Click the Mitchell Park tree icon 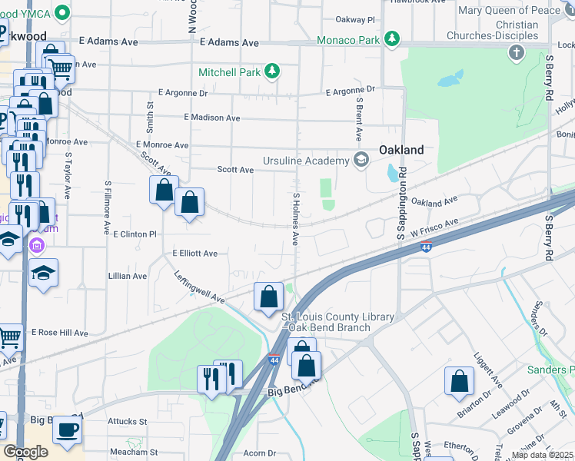click(271, 72)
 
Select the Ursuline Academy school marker click(361, 160)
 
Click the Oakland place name click(401, 150)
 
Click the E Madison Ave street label click(212, 118)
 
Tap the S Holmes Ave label click(294, 219)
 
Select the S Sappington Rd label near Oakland click(401, 211)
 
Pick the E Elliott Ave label click(195, 253)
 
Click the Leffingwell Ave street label click(198, 287)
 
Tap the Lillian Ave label click(128, 276)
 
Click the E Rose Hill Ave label click(60, 333)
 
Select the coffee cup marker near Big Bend click(68, 428)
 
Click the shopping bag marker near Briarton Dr click(459, 380)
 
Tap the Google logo click(26, 452)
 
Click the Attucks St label click(127, 421)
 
